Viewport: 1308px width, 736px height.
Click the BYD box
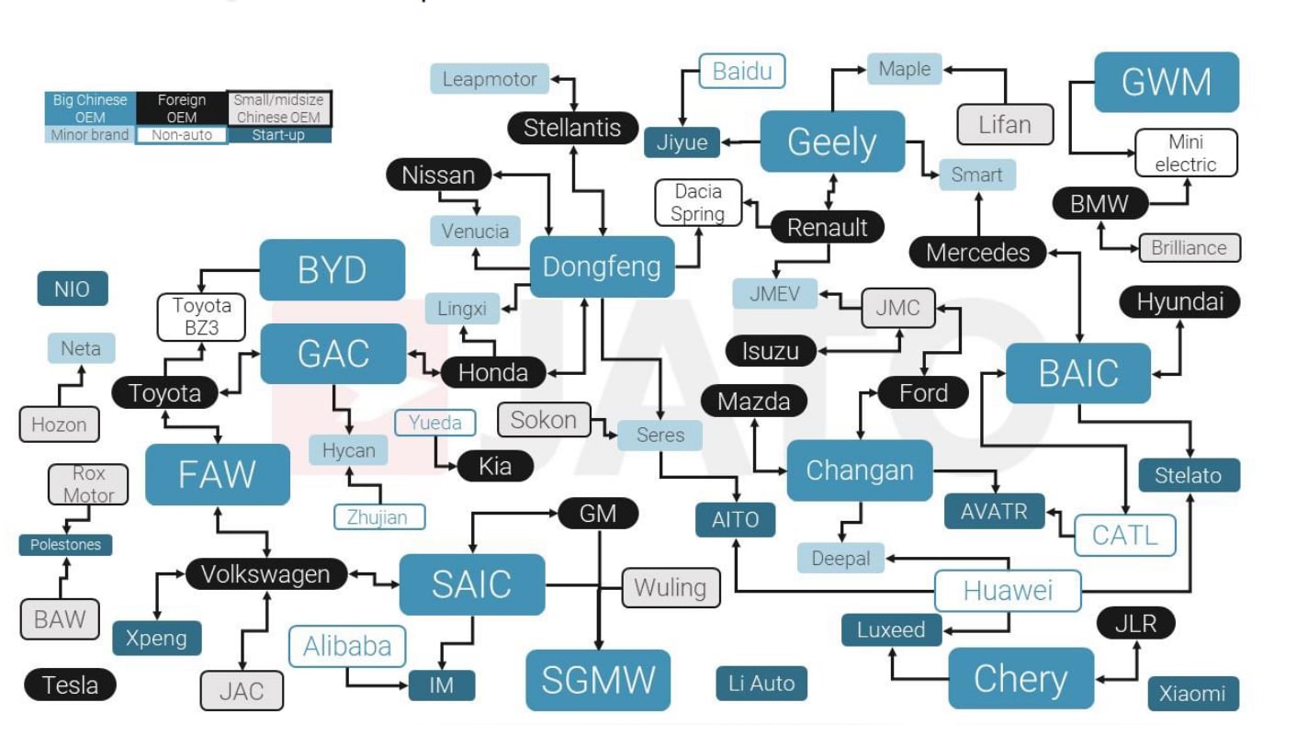coord(332,270)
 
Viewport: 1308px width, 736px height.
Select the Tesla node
coord(71,685)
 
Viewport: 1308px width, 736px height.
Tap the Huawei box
coord(1008,591)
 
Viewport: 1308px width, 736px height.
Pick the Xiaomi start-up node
coord(1192,694)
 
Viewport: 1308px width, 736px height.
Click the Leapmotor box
coord(490,79)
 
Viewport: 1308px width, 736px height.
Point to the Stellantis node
coord(572,128)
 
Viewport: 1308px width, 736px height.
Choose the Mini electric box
coord(1186,153)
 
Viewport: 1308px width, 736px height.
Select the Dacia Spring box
coord(698,202)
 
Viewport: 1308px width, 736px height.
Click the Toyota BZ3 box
coord(202,316)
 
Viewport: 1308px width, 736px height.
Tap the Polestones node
coord(65,545)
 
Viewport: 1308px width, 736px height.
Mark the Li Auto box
coord(761,683)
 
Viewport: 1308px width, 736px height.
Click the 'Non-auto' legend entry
coord(182,135)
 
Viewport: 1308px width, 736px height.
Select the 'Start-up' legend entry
coord(278,135)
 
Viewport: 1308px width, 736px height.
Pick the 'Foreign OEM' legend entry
coord(182,108)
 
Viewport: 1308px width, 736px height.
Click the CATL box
coord(1125,535)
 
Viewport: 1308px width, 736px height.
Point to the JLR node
coord(1135,624)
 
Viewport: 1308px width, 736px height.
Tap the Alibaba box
coord(347,646)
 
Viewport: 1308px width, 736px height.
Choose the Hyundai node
coord(1180,302)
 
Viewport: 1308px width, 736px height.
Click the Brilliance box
coord(1190,248)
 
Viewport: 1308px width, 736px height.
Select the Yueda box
coord(435,423)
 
